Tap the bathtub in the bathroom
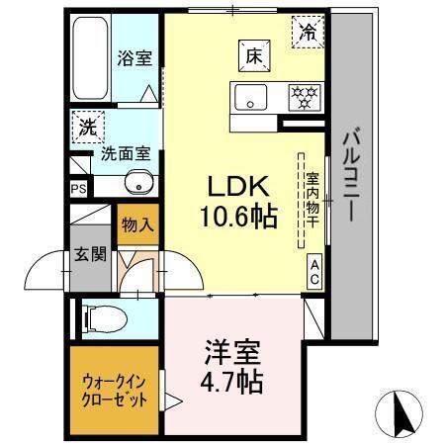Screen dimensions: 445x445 [x=92, y=58]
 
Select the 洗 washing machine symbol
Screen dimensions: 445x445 [x=87, y=126]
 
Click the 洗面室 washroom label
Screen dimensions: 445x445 [x=125, y=153]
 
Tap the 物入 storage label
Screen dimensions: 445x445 [x=137, y=224]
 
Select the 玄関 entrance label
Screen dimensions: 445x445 [x=90, y=255]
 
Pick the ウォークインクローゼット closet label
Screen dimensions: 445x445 [x=114, y=390]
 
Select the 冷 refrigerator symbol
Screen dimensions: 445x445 [x=309, y=32]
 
